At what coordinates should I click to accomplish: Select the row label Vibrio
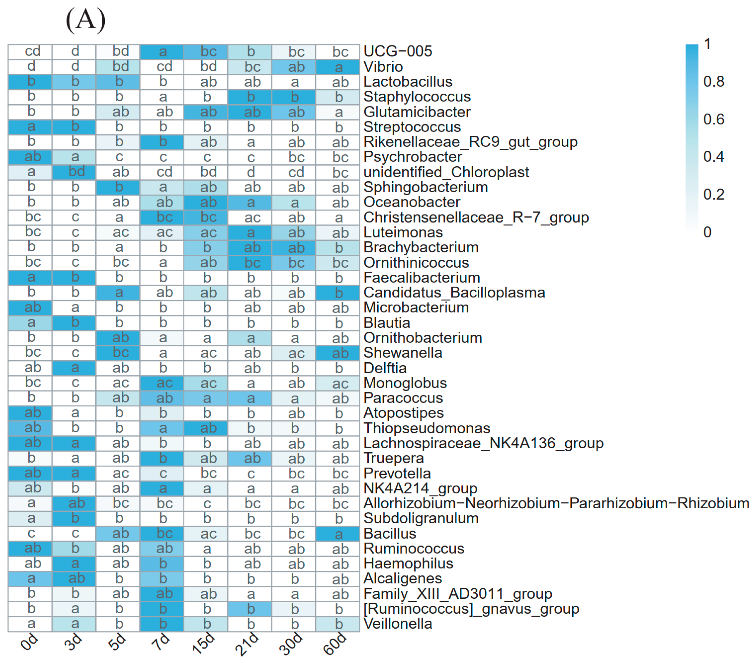pos(383,67)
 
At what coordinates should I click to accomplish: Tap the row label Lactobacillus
pos(408,82)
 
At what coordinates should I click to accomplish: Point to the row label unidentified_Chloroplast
pos(446,172)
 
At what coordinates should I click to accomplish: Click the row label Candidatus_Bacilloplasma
pos(454,292)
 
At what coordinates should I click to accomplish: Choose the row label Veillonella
pos(398,624)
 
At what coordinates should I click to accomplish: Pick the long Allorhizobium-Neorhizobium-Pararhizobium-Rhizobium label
pos(556,503)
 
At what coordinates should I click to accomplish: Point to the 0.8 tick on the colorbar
pos(714,82)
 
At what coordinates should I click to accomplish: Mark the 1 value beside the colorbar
pos(707,44)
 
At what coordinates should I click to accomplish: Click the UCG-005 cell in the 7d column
pos(162,52)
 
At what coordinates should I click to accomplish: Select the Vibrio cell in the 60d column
pos(337,67)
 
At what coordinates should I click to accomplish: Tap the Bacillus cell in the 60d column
pos(337,533)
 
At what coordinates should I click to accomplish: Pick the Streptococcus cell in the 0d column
pos(30,127)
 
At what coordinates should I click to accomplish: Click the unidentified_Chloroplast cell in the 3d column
pos(74,172)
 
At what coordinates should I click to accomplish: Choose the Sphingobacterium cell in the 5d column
pos(118,187)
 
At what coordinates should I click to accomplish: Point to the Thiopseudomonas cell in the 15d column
pos(205,428)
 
